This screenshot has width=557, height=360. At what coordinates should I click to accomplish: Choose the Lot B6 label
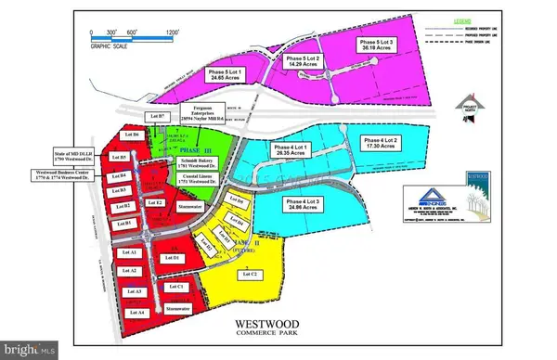pyautogui.click(x=132, y=135)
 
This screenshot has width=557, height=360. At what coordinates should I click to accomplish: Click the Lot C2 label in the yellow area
pyautogui.click(x=249, y=274)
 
